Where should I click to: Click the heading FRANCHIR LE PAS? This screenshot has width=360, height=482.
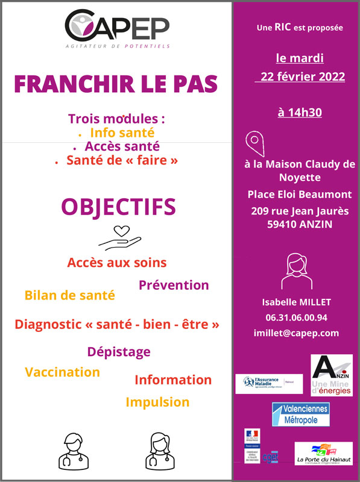(116, 84)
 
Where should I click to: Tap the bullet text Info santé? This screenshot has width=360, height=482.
(122, 132)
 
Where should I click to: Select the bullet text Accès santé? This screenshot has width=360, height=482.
(122, 146)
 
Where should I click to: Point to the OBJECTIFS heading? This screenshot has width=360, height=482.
(118, 207)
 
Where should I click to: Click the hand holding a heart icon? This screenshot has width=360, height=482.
(120, 237)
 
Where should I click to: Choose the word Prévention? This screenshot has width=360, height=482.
(174, 285)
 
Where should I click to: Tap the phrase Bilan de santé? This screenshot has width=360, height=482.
(69, 295)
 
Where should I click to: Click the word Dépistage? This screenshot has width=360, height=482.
(119, 351)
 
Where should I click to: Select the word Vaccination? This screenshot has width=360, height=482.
(62, 372)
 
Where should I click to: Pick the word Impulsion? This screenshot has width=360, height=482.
(157, 402)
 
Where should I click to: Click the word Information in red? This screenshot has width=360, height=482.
(173, 380)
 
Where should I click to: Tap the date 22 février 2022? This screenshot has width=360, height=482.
(300, 77)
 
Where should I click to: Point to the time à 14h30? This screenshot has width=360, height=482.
(300, 112)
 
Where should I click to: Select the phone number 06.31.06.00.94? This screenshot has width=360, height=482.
(296, 318)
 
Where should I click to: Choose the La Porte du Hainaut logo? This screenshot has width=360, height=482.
(323, 454)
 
